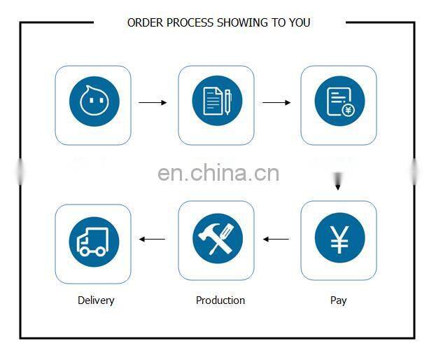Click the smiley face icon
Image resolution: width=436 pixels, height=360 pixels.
tap(94, 102)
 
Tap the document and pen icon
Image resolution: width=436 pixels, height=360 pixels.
tap(217, 102)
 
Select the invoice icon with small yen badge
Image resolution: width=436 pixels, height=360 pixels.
tap(339, 102)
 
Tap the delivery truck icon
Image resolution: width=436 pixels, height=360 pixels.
tap(94, 240)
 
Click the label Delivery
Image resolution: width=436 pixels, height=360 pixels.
tap(96, 300)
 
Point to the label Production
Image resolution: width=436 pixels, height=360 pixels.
tap(220, 300)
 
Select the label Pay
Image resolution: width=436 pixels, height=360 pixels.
tap(339, 300)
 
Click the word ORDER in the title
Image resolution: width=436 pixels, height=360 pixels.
tap(144, 23)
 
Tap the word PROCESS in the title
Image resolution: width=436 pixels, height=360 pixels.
tap(189, 23)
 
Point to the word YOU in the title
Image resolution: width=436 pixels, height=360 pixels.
tap(299, 23)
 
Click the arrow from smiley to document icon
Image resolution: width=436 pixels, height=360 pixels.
tap(153, 103)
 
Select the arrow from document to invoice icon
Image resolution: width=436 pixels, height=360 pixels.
tap(276, 103)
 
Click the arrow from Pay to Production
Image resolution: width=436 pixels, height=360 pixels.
tap(276, 240)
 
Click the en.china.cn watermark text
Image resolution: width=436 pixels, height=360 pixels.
tap(218, 173)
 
